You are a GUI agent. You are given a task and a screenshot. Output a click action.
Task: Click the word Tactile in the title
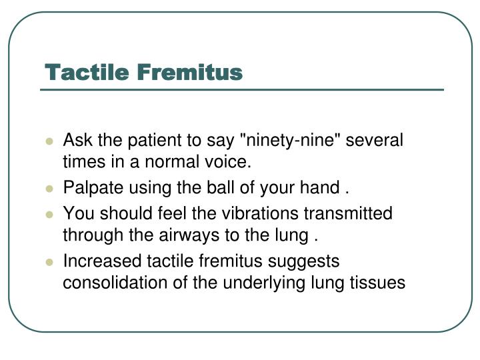[86, 72]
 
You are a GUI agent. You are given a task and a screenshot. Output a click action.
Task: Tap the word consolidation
[112, 283]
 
